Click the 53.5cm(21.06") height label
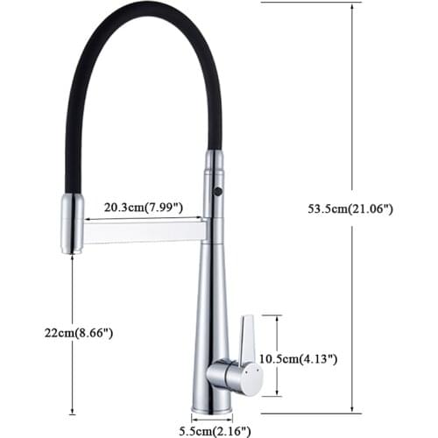pyautogui.click(x=350, y=208)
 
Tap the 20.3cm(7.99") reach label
pyautogui.click(x=143, y=208)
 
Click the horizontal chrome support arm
pyautogui.click(x=145, y=231)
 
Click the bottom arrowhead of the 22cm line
pyautogui.click(x=71, y=409)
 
